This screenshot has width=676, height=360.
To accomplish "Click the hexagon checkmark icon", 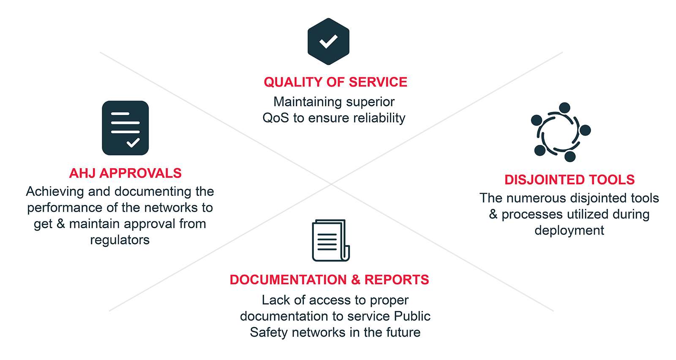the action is point(328,41).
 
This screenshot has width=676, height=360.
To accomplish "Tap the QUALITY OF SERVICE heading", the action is point(335,82).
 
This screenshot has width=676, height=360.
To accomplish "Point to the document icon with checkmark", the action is point(125,128).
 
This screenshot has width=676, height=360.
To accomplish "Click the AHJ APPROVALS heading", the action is point(125,173).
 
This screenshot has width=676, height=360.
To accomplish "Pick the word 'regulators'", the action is point(120,240).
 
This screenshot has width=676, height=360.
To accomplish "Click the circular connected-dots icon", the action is point(561,132).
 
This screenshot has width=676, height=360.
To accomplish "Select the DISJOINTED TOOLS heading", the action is point(570,180).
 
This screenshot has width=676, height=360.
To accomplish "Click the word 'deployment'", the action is point(569,231).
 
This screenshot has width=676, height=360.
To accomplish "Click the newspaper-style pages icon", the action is point(331,240).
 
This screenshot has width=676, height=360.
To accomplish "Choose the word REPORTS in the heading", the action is point(397,280).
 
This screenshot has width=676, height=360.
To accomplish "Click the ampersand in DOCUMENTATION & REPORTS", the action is point(355,280).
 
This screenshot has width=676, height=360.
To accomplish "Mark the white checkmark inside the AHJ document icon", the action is point(133,142).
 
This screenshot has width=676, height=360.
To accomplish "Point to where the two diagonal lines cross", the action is point(331,183).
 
